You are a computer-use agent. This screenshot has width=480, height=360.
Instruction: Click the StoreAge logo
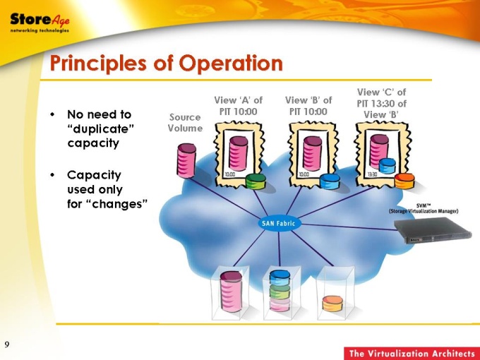pos(40,23)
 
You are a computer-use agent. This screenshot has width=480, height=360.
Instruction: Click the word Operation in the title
pos(231,63)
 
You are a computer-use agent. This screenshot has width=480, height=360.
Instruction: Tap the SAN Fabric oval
pos(278,224)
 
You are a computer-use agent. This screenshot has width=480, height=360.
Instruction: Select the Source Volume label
pos(185,122)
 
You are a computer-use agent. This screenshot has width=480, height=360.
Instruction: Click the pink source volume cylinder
pos(186,160)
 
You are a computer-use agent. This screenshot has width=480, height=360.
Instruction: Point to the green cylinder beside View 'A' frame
pos(256,181)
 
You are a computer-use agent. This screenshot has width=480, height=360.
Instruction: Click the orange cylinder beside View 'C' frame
pos(404,181)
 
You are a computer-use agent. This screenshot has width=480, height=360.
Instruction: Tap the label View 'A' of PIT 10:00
pos(239,106)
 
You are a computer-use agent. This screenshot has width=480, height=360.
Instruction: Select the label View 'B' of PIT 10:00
pos(308,106)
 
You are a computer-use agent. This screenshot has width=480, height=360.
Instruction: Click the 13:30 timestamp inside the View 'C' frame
pos(372,174)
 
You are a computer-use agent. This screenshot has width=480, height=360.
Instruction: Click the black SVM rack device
pos(433,230)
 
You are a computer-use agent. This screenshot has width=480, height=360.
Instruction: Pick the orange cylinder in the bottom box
pos(332,304)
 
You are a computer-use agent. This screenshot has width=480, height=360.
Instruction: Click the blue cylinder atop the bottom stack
pos(280,277)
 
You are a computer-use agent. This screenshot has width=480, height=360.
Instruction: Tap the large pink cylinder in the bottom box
pos(231,291)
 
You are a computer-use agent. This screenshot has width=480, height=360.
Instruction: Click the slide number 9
pos(7,344)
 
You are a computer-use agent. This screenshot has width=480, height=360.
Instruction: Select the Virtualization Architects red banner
pos(412,353)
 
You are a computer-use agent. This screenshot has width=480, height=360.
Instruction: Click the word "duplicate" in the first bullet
pos(101,128)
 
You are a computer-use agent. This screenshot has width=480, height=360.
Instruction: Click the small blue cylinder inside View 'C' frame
pos(387,166)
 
